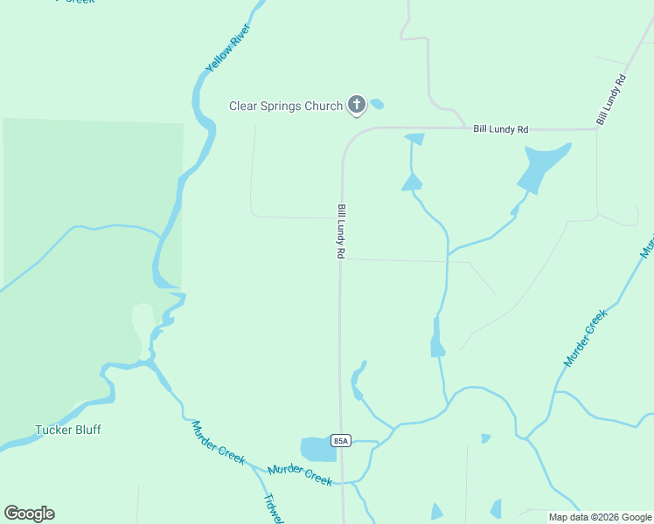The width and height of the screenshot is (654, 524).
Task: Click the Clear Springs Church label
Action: click(x=286, y=107)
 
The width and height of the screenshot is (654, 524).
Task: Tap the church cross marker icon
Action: click(x=356, y=106)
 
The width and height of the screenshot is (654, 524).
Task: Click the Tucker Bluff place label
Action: click(x=68, y=430)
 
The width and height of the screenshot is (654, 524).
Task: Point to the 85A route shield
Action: click(x=341, y=441)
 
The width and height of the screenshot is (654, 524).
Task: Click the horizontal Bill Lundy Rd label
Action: click(x=501, y=129)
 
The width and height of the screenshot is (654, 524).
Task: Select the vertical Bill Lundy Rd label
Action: click(x=342, y=231)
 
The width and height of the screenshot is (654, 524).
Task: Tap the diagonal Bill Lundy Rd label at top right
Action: click(x=611, y=98)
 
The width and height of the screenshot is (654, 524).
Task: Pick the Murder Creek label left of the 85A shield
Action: click(x=300, y=474)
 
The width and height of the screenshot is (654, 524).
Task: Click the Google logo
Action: click(x=29, y=514)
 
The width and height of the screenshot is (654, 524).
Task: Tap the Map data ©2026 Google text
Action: click(x=601, y=517)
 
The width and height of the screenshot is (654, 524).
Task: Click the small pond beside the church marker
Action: click(x=377, y=104)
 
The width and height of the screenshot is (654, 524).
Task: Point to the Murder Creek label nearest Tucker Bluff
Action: click(x=219, y=443)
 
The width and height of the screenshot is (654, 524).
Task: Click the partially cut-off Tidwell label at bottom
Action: click(x=273, y=510)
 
